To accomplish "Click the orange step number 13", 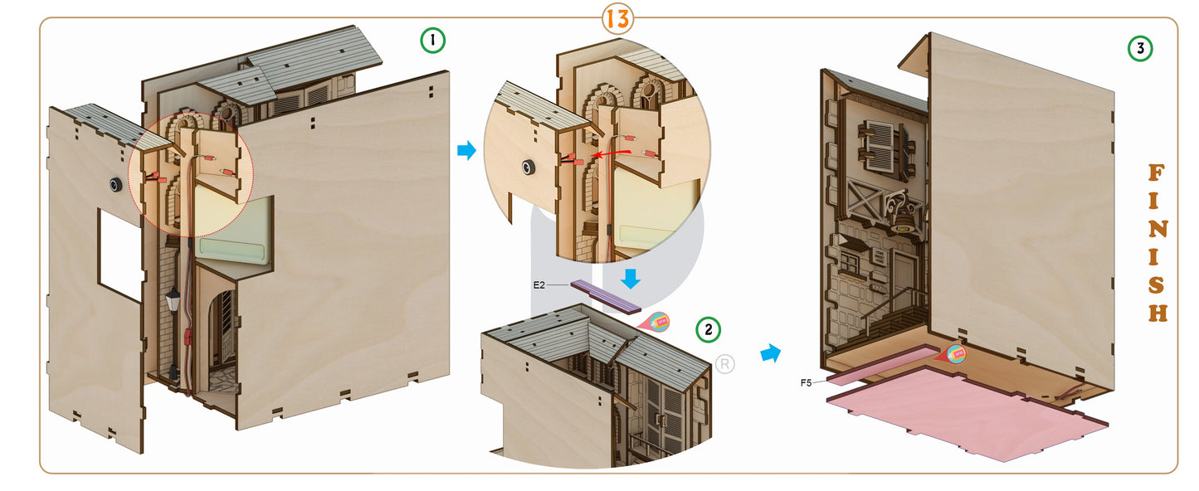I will pos(617,17).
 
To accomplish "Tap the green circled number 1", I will pos(432,41).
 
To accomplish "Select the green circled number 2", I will pos(708,330).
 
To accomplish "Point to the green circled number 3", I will pos(1140,49).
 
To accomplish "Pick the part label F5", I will pos(806,382).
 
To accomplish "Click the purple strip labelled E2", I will pos(605,296).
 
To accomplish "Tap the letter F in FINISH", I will pos(1156,173).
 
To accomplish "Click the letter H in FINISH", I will pos(1158,314).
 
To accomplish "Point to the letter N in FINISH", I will pos(1157,230).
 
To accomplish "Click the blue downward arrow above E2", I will pos(631,277).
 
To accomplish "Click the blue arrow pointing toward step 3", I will pos(771,354).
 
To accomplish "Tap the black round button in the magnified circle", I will pos(527,169).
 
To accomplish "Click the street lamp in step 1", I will pos(173,300).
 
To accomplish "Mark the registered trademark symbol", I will pos(724,364).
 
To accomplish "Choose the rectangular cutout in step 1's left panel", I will pos(120,253).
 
